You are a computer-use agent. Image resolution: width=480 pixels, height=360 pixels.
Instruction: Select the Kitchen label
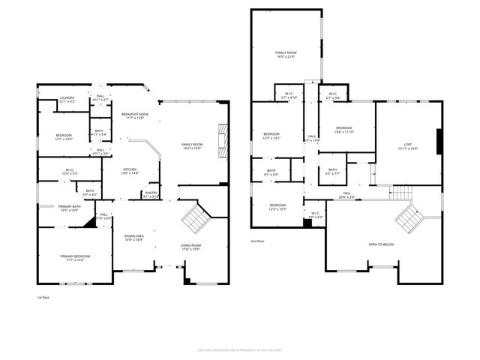click(x=131, y=171)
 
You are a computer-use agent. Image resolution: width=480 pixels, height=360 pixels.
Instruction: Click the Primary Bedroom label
click(x=75, y=258)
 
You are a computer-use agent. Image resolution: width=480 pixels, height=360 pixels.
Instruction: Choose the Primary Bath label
click(x=70, y=208)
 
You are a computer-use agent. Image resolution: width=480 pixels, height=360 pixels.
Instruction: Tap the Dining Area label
click(x=134, y=238)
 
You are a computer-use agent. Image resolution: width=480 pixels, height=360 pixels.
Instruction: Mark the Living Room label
click(x=190, y=247)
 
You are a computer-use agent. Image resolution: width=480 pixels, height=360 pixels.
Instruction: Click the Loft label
click(x=407, y=146)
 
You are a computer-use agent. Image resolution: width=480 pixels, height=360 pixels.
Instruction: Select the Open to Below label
click(x=381, y=244)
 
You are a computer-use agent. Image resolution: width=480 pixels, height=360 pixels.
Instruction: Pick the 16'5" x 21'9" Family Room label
click(x=286, y=54)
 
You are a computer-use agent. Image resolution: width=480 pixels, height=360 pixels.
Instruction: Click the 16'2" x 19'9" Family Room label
click(x=192, y=146)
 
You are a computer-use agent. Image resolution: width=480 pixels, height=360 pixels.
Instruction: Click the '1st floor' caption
click(x=43, y=298)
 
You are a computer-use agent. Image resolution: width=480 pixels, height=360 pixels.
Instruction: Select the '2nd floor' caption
click(x=258, y=241)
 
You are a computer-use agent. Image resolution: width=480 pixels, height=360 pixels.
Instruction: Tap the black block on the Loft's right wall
click(x=439, y=140)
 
